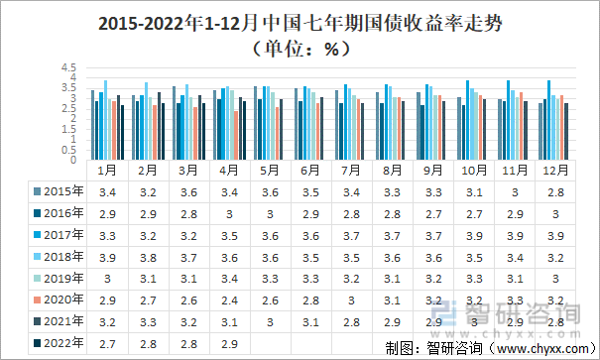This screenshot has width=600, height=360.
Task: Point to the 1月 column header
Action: pos(108,170)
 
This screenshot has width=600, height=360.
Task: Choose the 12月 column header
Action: pos(555,170)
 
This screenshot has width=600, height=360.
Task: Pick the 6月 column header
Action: pos(311,170)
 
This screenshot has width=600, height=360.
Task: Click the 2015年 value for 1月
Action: pos(108,191)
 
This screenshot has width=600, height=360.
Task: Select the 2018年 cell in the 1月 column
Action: pos(108,257)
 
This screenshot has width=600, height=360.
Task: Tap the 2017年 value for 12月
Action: pos(555,235)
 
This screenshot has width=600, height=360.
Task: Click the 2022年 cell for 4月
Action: pos(230,343)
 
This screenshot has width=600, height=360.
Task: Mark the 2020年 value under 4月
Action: pos(230,300)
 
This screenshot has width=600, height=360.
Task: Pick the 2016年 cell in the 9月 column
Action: pos(433,213)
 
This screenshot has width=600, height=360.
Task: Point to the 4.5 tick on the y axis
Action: pos(68,68)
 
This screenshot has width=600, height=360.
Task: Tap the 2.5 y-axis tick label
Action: pos(68,109)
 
